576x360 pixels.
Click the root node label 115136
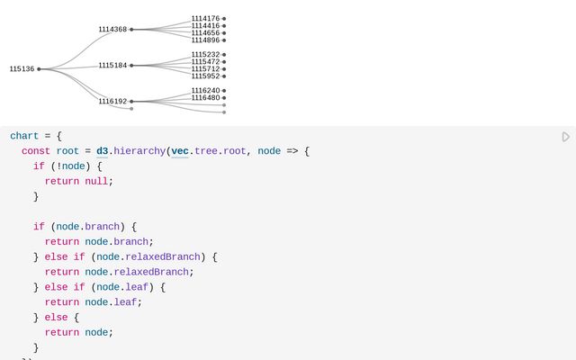point(22,69)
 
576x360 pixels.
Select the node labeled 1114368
point(112,30)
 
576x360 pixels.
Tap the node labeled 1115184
point(112,66)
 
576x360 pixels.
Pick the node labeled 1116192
point(112,102)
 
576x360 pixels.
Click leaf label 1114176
point(205,19)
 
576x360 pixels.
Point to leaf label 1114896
point(205,40)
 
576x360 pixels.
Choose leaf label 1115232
point(205,55)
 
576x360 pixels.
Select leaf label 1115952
point(205,76)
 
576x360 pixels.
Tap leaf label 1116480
point(205,98)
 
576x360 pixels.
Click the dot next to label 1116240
point(224,91)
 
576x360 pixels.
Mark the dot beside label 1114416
point(224,26)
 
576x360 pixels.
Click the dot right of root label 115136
point(39,69)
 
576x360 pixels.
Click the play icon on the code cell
point(566,137)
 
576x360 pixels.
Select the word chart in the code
point(24,136)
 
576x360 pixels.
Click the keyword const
point(36,151)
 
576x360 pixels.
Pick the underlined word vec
point(180,151)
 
